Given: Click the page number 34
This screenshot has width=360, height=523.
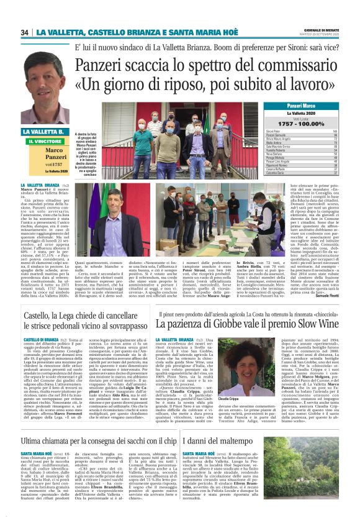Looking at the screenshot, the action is (x=25, y=32).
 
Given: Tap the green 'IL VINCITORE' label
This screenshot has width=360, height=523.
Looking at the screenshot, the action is (x=45, y=142).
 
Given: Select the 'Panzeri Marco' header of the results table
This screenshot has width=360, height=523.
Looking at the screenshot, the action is (x=296, y=107).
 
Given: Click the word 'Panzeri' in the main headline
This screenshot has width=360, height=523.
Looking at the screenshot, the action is (x=104, y=66).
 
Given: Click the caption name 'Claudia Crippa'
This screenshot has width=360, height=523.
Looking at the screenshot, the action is (x=228, y=399).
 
